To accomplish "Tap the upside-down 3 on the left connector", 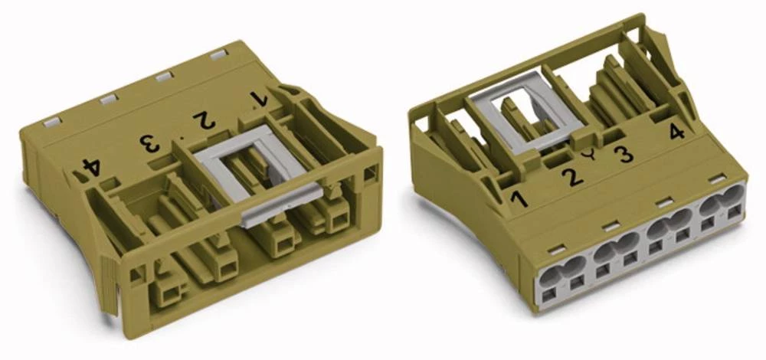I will click(x=147, y=142).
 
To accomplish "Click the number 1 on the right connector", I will click(x=519, y=200).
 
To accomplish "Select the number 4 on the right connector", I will click(x=676, y=131).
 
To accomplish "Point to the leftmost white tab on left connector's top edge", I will click(x=51, y=121).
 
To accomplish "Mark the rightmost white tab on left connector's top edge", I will click(x=218, y=54).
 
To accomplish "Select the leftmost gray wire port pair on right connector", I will click(x=561, y=273).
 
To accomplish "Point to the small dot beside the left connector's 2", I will click(x=180, y=135).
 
